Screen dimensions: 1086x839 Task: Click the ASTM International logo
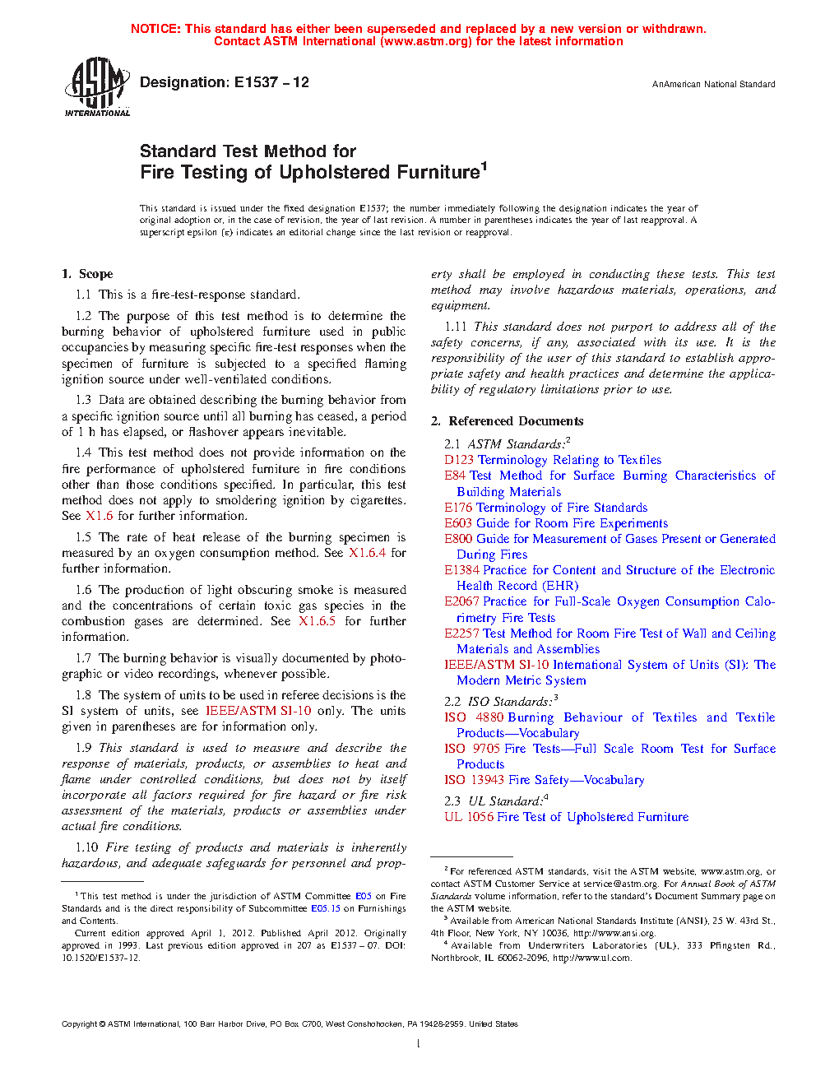point(97,86)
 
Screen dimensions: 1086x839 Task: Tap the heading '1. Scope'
point(87,274)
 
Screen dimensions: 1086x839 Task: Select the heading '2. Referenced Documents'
point(508,421)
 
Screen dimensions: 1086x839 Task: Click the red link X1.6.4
point(367,553)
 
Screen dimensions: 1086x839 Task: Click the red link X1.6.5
point(317,621)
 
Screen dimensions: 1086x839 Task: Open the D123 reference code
point(459,460)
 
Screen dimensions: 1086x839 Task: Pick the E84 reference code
point(455,476)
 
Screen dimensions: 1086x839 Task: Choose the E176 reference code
point(459,508)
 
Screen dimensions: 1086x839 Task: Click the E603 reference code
point(459,523)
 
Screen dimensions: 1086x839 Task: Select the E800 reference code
point(459,539)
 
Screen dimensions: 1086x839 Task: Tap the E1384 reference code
point(462,570)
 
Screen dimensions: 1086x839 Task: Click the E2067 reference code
point(462,601)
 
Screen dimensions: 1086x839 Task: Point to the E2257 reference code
point(462,633)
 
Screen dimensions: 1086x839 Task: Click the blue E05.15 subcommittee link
point(325,908)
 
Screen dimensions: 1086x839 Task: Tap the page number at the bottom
point(419,1044)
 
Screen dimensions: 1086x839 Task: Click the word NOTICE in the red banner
point(155,29)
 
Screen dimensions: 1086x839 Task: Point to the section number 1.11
point(456,327)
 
